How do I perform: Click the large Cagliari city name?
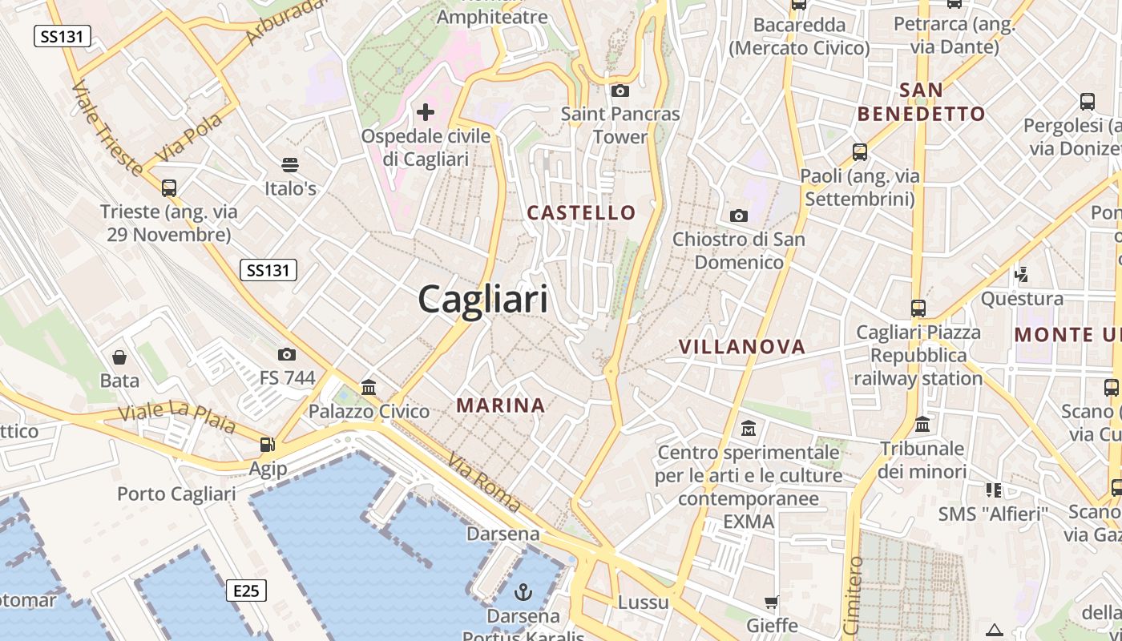pyautogui.click(x=483, y=299)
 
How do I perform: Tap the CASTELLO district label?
pyautogui.click(x=581, y=212)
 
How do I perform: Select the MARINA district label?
pyautogui.click(x=501, y=405)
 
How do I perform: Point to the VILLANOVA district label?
pyautogui.click(x=741, y=346)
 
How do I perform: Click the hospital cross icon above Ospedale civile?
pyautogui.click(x=426, y=112)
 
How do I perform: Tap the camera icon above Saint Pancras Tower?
pyautogui.click(x=620, y=91)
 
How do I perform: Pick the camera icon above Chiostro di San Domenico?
pyautogui.click(x=738, y=215)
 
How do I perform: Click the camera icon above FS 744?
pyautogui.click(x=286, y=354)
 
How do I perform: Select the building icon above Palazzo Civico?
pyautogui.click(x=369, y=388)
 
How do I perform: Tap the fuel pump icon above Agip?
pyautogui.click(x=267, y=445)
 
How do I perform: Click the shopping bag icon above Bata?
pyautogui.click(x=119, y=357)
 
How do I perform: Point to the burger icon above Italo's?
pyautogui.click(x=290, y=165)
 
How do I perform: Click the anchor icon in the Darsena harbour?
pyautogui.click(x=523, y=592)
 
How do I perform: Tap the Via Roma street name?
pyautogui.click(x=484, y=483)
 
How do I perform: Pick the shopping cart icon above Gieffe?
pyautogui.click(x=771, y=602)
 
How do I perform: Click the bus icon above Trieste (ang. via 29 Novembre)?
pyautogui.click(x=168, y=188)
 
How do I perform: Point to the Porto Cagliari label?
pyautogui.click(x=176, y=494)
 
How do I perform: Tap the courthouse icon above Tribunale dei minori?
pyautogui.click(x=922, y=425)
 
